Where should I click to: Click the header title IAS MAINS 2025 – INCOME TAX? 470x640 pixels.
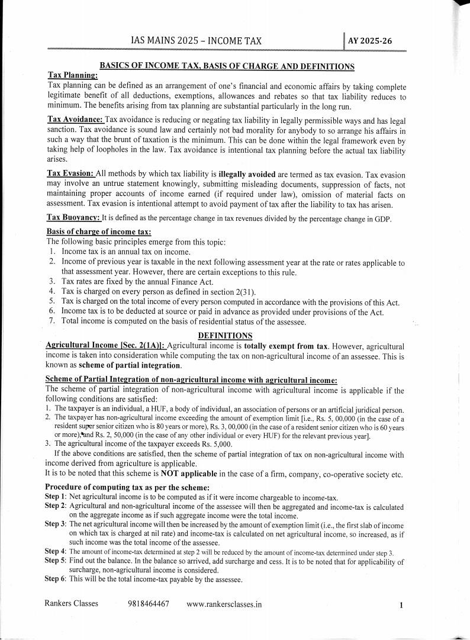(196, 41)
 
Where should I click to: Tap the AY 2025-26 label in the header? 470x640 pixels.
(369, 41)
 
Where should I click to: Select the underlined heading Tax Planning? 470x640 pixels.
(72, 76)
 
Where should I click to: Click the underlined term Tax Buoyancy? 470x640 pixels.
(73, 218)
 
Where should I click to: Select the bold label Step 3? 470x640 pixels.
(55, 525)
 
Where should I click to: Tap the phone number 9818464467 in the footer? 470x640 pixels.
(148, 604)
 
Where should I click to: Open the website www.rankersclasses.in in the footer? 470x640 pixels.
(224, 604)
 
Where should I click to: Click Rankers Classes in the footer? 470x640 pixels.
(71, 604)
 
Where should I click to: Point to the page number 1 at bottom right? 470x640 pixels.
(401, 605)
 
